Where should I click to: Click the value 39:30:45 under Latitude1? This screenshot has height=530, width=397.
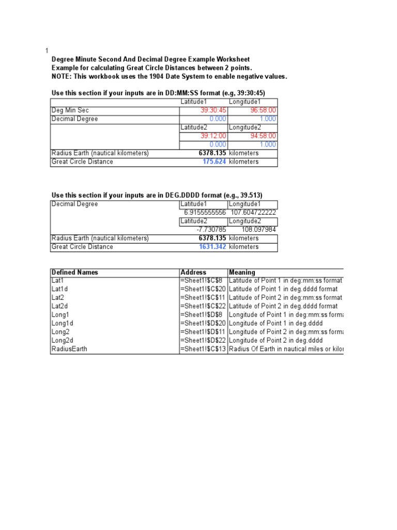tap(213, 110)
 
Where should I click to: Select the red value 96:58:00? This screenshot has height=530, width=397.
tap(263, 110)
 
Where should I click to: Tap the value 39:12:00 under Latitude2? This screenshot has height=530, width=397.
tap(213, 136)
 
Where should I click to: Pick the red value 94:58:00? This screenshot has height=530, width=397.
tap(263, 136)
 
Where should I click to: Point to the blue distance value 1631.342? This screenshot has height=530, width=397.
tap(212, 247)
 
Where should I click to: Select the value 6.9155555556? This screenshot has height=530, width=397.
tap(205, 213)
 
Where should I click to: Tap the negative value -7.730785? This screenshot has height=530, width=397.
tap(211, 230)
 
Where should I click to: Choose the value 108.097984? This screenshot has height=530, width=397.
tap(259, 230)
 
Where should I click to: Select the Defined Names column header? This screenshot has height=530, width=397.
tap(75, 272)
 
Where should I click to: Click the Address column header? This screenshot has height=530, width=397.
tap(193, 272)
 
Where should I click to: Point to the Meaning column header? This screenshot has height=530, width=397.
tap(242, 272)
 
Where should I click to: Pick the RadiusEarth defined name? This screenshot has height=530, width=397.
tap(69, 349)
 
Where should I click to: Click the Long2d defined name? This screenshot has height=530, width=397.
tap(63, 341)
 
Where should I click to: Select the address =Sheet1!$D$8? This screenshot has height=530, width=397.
tap(201, 315)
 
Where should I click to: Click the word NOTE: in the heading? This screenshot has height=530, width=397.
tap(62, 77)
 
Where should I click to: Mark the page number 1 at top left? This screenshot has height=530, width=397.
tap(47, 50)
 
